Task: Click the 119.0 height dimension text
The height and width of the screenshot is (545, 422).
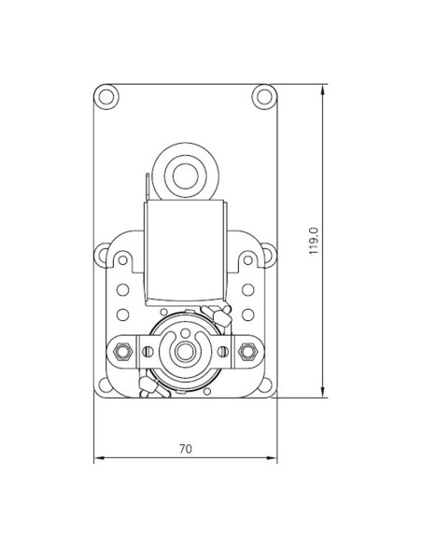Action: (x=315, y=241)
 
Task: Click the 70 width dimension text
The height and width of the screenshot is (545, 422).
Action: (x=185, y=449)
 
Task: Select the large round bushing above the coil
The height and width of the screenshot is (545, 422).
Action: (x=185, y=173)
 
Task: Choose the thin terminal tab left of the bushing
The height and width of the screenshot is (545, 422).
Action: (x=147, y=187)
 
